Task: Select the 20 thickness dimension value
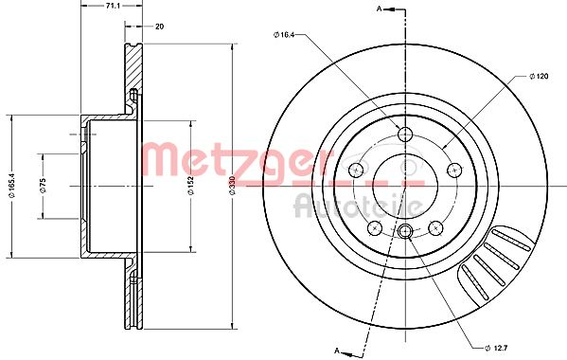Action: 159,27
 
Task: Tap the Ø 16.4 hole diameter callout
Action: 284,35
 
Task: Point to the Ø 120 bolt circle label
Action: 539,77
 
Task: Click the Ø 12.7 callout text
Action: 496,348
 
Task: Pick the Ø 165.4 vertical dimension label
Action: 12,186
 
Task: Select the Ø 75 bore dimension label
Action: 43,186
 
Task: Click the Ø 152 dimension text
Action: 191,186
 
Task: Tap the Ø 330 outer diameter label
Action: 232,186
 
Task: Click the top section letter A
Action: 379,9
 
